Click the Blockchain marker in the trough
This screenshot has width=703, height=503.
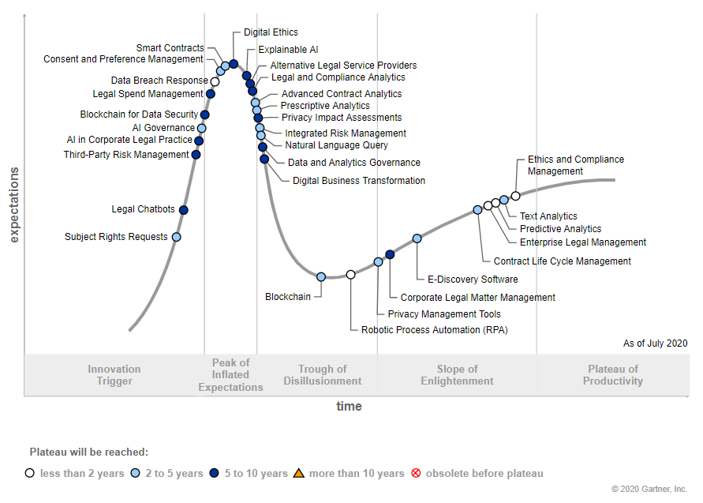321,276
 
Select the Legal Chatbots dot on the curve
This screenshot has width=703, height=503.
184,210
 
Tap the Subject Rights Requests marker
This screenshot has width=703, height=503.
176,237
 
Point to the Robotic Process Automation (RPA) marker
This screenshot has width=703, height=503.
351,275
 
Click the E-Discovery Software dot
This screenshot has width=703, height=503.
417,238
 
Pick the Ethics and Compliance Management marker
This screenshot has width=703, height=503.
515,196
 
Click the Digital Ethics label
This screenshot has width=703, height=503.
271,32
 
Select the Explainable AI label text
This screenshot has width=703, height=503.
288,50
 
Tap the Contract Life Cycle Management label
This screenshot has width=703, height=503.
562,261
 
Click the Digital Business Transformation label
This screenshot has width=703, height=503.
359,181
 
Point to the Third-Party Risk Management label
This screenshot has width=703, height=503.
126,155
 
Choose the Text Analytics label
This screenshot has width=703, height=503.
548,216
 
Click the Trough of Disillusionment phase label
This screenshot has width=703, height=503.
322,375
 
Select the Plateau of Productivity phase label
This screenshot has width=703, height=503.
613,375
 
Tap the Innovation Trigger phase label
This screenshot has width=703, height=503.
114,375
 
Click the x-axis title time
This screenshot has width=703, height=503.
349,407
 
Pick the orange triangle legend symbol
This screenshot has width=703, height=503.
298,474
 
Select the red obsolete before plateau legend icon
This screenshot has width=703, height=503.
416,474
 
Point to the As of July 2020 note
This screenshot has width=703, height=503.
655,343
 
